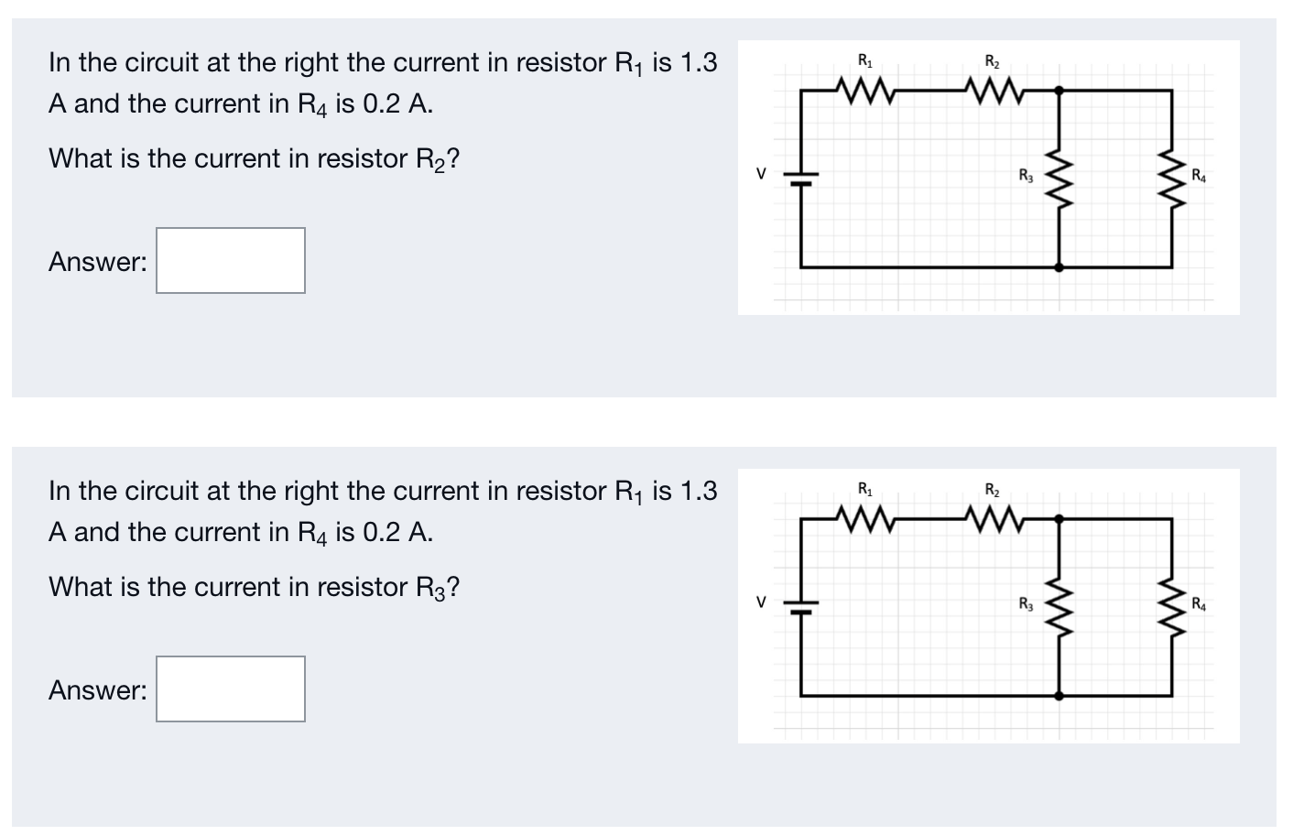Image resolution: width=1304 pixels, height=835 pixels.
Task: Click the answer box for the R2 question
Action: [230, 261]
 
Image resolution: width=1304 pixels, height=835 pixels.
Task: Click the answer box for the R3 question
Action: [230, 689]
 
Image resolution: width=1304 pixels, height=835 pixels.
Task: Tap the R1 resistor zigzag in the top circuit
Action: [864, 90]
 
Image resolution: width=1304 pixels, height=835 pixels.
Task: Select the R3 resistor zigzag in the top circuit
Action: [1059, 179]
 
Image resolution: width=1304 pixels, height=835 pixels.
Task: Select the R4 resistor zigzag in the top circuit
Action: [1172, 179]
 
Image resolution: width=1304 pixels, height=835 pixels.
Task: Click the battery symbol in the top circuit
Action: [800, 178]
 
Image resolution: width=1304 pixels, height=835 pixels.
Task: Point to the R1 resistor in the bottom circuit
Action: [864, 518]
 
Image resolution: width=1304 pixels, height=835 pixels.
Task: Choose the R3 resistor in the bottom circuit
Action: [1059, 606]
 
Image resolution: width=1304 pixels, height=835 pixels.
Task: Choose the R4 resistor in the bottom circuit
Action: [1172, 606]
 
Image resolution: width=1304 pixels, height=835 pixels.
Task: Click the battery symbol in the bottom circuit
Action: [800, 606]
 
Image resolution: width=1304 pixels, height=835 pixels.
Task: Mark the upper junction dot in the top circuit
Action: [1059, 90]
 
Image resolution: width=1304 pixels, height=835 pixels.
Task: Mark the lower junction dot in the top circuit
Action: [1059, 267]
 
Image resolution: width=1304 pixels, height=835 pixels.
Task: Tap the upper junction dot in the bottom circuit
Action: [1059, 518]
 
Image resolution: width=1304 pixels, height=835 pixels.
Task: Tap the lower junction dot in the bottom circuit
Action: [1059, 696]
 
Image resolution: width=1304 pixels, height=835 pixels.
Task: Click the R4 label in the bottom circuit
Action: [1199, 602]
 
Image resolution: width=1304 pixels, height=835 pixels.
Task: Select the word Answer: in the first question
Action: [97, 262]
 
